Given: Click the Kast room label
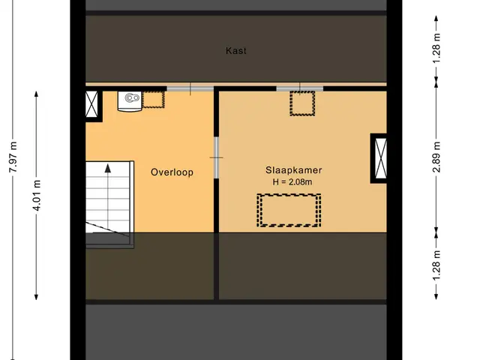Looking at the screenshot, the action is [235, 50].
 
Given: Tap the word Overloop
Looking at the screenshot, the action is [172, 172].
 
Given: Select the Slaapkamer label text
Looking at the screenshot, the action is [293, 170].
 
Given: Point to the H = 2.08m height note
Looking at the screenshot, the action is [292, 181].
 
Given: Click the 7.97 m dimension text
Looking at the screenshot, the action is [13, 157].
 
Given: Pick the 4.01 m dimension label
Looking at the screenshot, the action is [37, 195].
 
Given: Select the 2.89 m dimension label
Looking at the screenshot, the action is [436, 157].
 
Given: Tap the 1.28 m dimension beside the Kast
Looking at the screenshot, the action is [436, 48].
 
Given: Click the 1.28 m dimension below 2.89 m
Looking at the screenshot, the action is [436, 265].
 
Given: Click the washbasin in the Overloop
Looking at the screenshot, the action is [130, 101].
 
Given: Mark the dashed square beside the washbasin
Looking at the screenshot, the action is [153, 99].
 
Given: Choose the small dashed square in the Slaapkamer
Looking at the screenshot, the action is [302, 103].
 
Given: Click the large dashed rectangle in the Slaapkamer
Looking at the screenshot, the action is [289, 210].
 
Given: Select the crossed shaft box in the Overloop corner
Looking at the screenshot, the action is [91, 104].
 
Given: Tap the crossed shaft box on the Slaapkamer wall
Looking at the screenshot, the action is [380, 158].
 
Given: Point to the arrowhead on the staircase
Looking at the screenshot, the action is [108, 168].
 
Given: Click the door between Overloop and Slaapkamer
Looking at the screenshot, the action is [217, 157].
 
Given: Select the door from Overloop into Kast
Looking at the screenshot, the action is [190, 89].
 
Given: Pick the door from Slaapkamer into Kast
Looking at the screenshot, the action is [300, 88].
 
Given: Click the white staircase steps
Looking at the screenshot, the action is [108, 198].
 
